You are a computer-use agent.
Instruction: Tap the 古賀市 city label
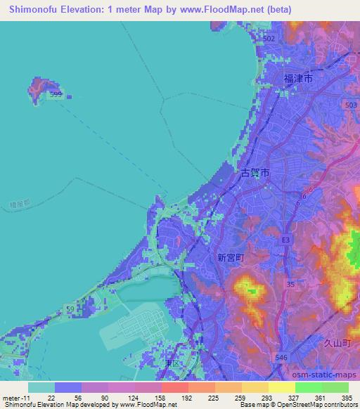[255, 173]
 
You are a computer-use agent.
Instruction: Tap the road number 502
[269, 38]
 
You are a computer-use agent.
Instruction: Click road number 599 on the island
[56, 93]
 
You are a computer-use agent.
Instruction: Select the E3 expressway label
[285, 240]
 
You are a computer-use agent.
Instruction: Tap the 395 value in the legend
[347, 397]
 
